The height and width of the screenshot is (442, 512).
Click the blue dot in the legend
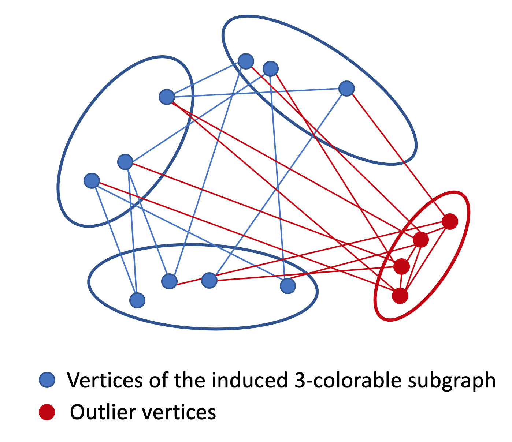47,380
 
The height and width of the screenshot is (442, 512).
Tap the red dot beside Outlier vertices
47,412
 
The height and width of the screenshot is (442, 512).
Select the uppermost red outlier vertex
450,221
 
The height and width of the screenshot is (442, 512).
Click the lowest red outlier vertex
400,295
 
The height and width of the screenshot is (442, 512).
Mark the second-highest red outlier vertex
420,240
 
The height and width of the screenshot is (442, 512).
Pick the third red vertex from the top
401,266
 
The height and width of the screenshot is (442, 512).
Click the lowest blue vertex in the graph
137,300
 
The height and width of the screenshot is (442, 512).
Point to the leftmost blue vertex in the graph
92,180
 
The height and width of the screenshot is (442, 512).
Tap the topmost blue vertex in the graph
246,61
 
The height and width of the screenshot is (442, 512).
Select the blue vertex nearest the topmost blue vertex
271,68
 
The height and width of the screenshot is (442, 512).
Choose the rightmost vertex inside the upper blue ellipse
346,88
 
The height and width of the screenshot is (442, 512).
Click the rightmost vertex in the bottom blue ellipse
287,286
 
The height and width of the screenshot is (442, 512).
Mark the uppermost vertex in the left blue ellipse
167,97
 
